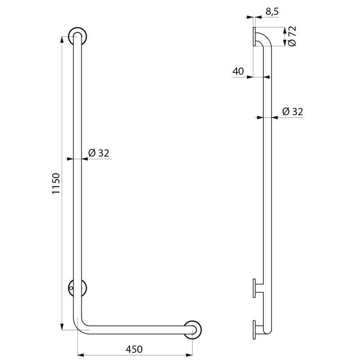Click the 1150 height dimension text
56,183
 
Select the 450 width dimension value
134,349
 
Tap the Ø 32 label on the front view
99,153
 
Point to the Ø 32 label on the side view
292,112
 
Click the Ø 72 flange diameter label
292,36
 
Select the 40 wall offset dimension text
238,71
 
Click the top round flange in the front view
77,36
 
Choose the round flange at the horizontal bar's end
193,330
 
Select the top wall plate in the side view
254,36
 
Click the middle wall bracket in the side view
255,288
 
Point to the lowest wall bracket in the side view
255,330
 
